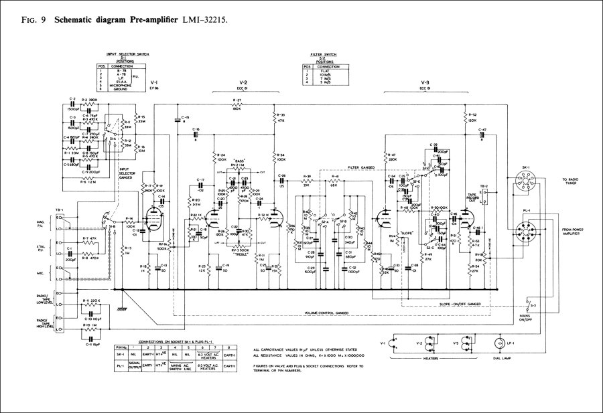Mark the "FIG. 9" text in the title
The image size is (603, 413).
27,21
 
